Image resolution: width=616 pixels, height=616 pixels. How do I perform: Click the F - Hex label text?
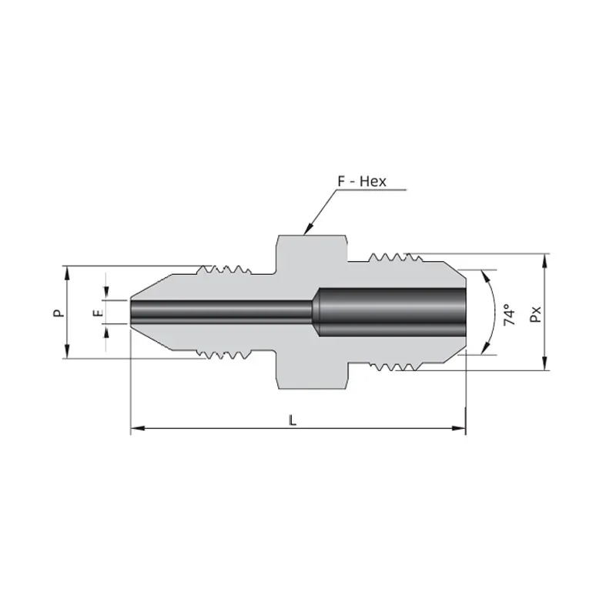(362, 181)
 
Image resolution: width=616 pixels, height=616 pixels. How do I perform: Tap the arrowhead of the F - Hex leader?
(309, 229)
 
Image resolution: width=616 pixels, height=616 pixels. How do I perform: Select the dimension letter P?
(59, 313)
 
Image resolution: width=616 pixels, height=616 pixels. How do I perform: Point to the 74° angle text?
(509, 314)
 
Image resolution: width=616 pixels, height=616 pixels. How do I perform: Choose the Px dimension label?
(535, 314)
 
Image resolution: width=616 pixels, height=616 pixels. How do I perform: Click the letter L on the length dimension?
(293, 420)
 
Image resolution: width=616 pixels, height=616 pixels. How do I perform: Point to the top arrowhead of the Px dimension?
(544, 261)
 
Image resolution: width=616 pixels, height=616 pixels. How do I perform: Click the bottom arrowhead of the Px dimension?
(544, 363)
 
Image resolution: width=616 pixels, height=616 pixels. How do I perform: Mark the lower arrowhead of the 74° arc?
(486, 348)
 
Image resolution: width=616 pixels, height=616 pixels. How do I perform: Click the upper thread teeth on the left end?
(224, 270)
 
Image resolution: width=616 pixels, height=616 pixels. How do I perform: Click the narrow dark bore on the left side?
(222, 313)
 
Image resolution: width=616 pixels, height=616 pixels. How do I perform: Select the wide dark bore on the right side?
(392, 313)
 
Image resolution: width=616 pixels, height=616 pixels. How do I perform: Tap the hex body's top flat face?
(313, 236)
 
